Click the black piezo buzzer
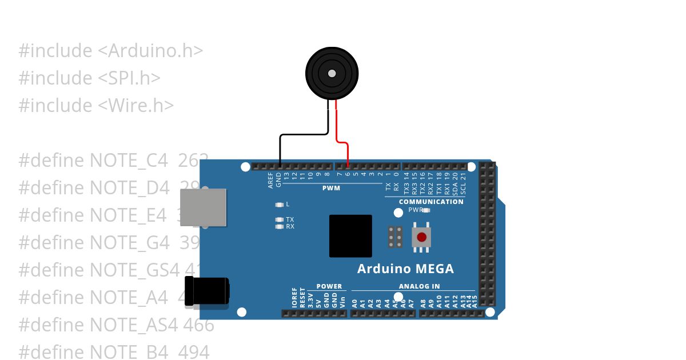tap(332, 73)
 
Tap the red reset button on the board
tap(421, 237)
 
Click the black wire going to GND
tap(303, 135)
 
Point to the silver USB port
tap(204, 207)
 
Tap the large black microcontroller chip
tap(350, 236)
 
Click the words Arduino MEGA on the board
tap(405, 269)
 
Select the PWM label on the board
tap(331, 188)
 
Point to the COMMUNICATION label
tap(431, 202)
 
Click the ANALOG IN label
tap(419, 286)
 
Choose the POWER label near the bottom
tap(329, 286)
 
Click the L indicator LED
tap(280, 205)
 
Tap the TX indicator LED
tap(280, 219)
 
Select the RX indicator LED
tap(280, 227)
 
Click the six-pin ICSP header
tap(394, 237)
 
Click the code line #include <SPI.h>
tap(89, 78)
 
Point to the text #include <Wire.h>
tap(96, 105)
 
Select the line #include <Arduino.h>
tap(111, 50)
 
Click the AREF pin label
tap(271, 180)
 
